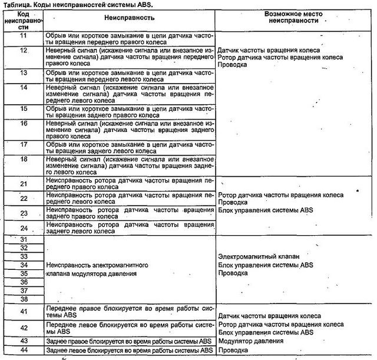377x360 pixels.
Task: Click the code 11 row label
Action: (x=24, y=36)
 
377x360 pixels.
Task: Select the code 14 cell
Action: (x=24, y=87)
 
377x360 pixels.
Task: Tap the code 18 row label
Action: (x=24, y=159)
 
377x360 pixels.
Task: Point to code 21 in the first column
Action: (x=24, y=184)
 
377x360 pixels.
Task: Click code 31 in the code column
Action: (x=24, y=239)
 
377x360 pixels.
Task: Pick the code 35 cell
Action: (x=24, y=273)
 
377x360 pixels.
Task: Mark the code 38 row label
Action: (x=24, y=299)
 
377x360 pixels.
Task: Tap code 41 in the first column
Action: (x=24, y=311)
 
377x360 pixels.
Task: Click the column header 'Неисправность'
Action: (x=129, y=19)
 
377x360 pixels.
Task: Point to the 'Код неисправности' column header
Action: (x=24, y=19)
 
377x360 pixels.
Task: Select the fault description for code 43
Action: (x=129, y=341)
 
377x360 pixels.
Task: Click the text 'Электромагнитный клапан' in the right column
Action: (x=259, y=257)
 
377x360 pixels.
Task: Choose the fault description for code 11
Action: (x=129, y=39)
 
